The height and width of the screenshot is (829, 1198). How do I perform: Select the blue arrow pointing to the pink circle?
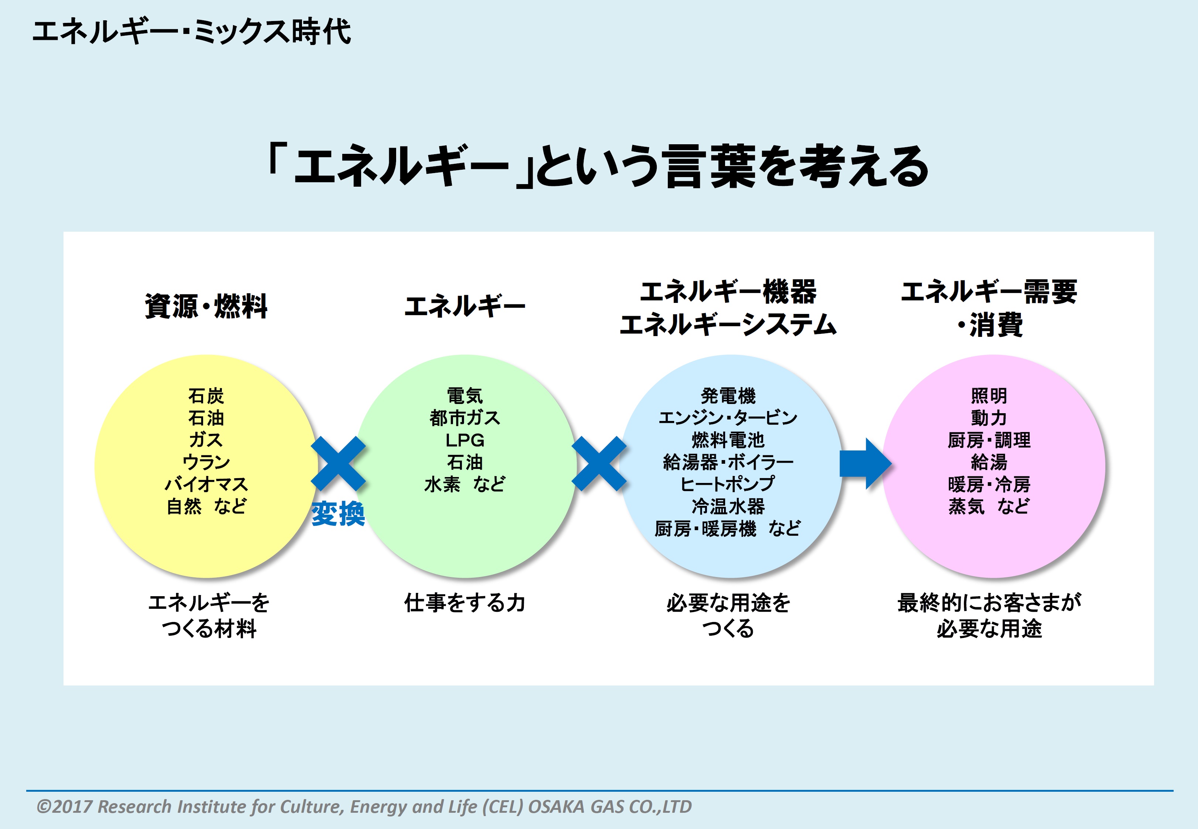(865, 463)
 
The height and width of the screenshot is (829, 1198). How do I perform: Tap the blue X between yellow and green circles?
(338, 463)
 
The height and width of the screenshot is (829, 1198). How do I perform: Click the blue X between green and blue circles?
(599, 463)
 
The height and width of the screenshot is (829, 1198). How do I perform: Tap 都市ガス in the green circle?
(465, 418)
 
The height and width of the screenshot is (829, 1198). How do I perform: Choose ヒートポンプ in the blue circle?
(728, 484)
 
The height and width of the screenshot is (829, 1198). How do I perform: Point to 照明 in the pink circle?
(989, 396)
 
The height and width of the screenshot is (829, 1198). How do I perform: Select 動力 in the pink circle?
(989, 418)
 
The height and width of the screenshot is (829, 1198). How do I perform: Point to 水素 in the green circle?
(442, 484)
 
